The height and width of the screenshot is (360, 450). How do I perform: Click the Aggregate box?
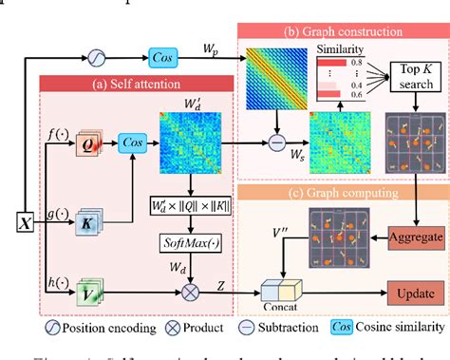(411, 238)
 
